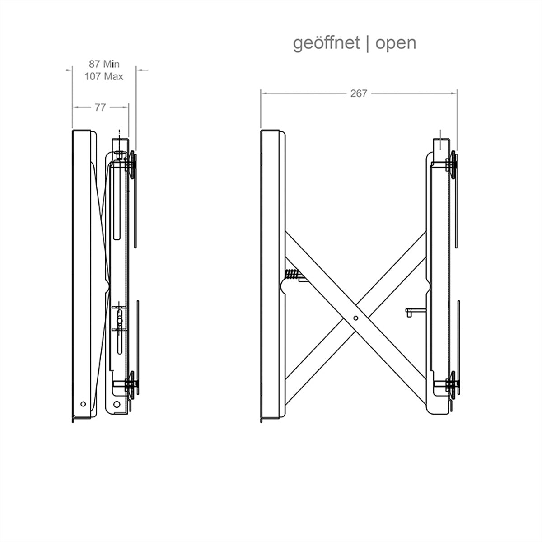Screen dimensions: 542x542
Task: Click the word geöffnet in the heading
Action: pyautogui.click(x=326, y=43)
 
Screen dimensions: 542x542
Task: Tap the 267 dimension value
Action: pyautogui.click(x=359, y=93)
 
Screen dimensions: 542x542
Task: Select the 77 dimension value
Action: pyautogui.click(x=100, y=107)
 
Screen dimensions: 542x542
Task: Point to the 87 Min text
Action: pyautogui.click(x=104, y=64)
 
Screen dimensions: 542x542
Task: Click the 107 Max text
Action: pyautogui.click(x=104, y=76)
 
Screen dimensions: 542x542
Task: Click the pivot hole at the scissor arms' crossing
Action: pyautogui.click(x=355, y=318)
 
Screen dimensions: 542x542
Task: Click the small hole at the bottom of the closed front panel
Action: pyautogui.click(x=83, y=404)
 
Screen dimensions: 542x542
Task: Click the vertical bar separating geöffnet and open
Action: pyautogui.click(x=368, y=44)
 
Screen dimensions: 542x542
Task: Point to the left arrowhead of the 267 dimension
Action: pyautogui.click(x=263, y=93)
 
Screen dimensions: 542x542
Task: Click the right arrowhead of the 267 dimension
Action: pyautogui.click(x=454, y=93)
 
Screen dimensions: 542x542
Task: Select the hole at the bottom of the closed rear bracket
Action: pyautogui.click(x=117, y=404)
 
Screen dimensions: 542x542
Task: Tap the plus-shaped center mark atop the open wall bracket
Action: pyautogui.click(x=440, y=140)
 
